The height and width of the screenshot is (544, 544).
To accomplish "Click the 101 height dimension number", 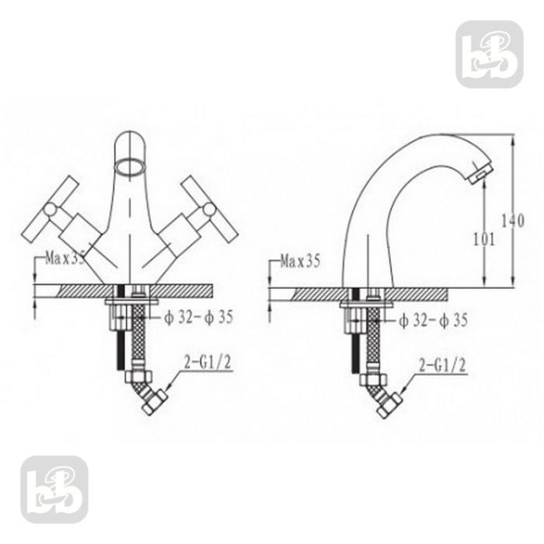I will click(483, 239).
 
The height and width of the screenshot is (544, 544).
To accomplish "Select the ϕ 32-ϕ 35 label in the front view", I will click(198, 318).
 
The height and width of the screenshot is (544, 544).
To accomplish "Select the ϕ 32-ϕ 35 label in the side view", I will click(433, 319).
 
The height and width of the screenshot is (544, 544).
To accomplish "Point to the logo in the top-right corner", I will click(489, 54).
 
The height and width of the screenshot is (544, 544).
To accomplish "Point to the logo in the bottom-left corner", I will click(54, 489).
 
